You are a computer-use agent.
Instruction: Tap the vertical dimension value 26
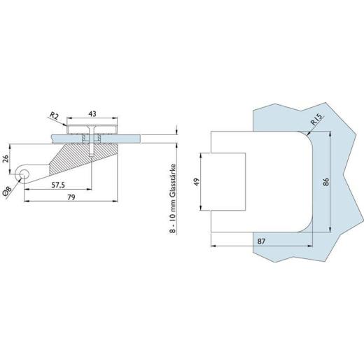tap(7, 158)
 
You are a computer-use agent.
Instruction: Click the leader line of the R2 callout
tap(63, 121)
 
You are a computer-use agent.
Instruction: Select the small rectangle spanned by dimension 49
tap(223, 183)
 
